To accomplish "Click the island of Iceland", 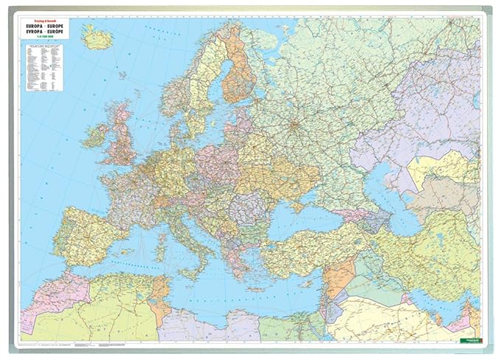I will [96, 37].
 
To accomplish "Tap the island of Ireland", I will [96, 136].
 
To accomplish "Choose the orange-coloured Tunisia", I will [158, 294].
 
